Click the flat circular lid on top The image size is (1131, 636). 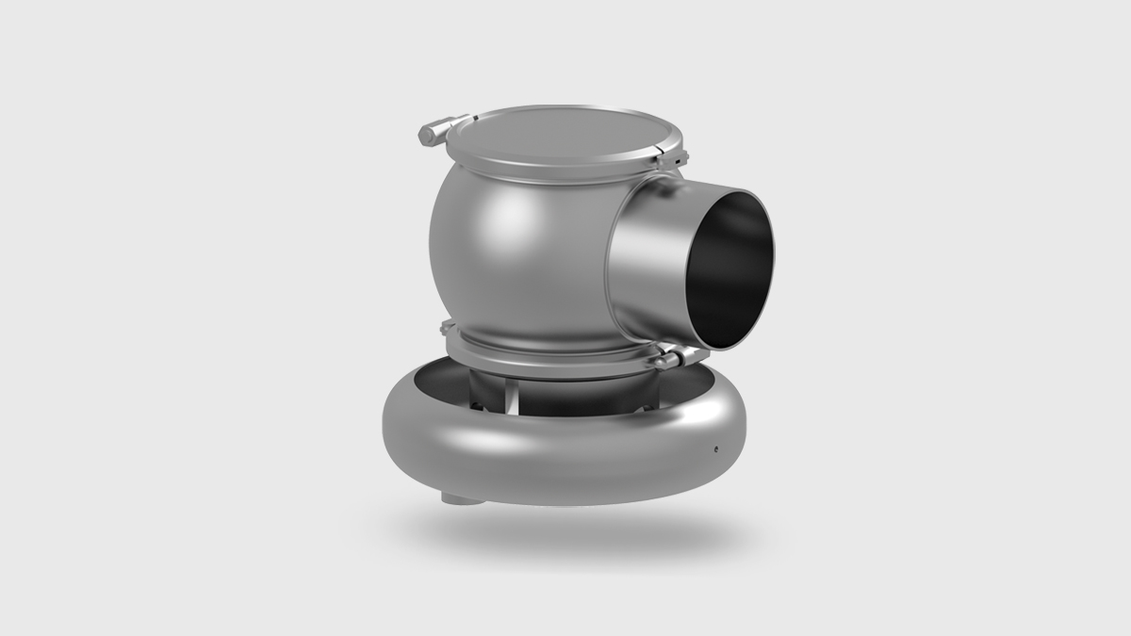(556, 138)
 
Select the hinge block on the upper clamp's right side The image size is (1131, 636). (673, 156)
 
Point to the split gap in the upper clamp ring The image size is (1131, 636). (474, 118)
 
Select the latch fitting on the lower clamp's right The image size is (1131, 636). (671, 358)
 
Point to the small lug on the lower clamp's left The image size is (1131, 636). (449, 328)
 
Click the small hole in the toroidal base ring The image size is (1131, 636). (715, 448)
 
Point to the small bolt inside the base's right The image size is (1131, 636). (648, 407)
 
